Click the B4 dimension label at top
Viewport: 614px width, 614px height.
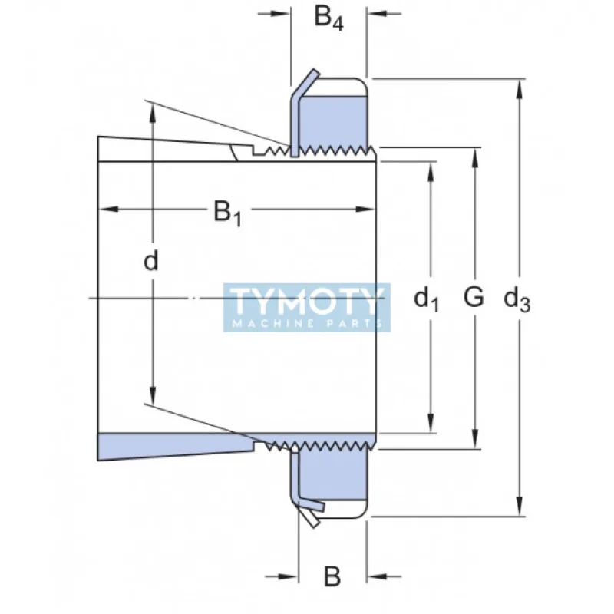tap(328, 18)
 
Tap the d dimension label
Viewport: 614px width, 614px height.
tap(151, 262)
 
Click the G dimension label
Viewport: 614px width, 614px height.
tap(474, 296)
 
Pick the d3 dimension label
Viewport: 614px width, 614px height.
tap(517, 299)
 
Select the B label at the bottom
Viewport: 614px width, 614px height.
tap(332, 577)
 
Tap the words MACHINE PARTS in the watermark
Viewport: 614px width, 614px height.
tap(307, 324)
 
